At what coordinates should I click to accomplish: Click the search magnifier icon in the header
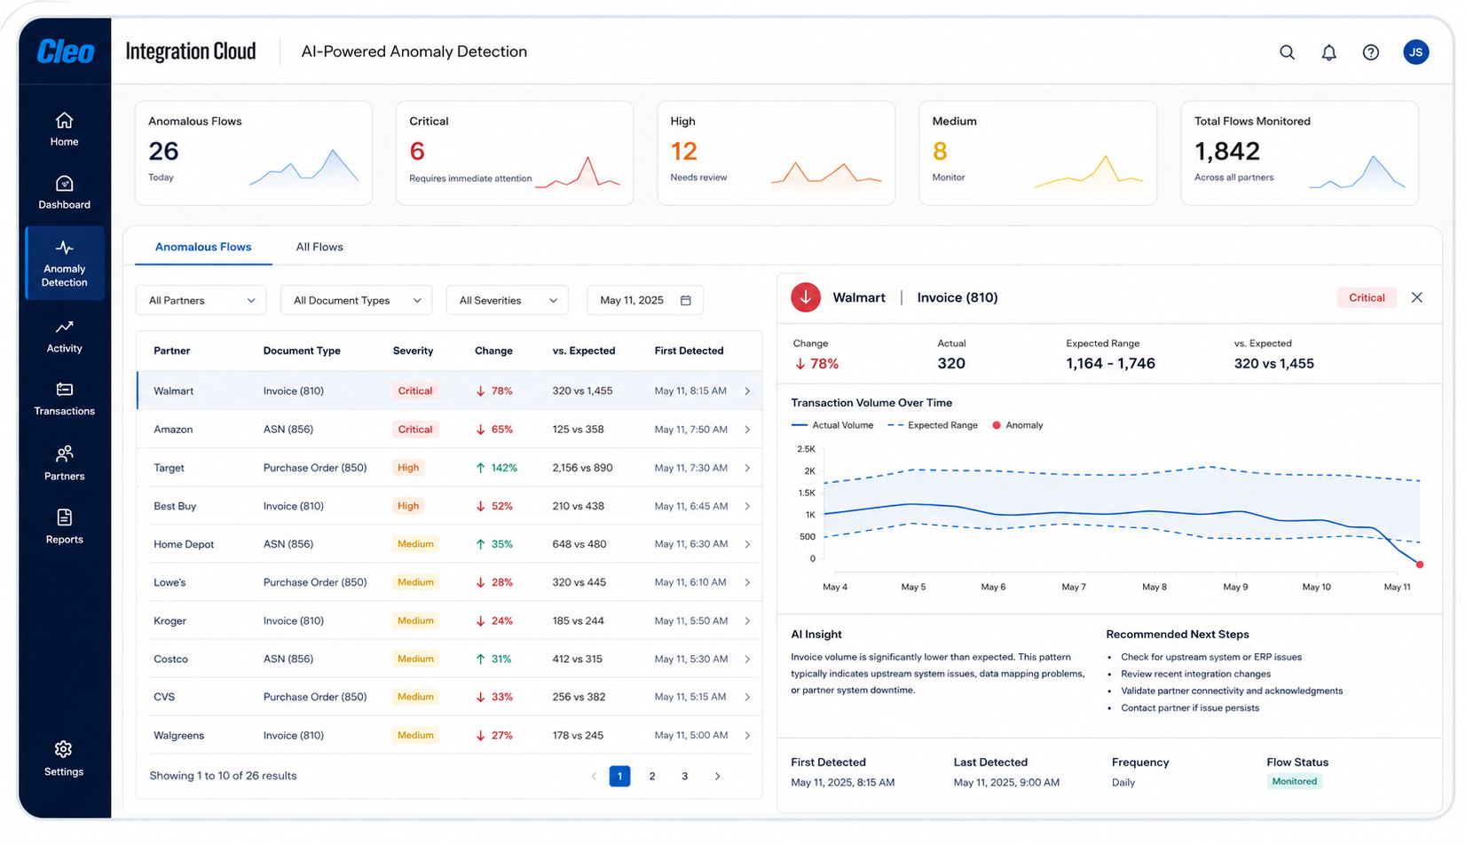point(1287,52)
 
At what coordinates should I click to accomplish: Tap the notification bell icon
point(1328,52)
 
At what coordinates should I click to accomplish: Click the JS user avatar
point(1415,51)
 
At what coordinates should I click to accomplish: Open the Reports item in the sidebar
point(64,527)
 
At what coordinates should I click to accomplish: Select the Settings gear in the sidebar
point(64,759)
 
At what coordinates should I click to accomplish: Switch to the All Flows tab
point(319,247)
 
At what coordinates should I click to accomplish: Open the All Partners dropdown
point(201,300)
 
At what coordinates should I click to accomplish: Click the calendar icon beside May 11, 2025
point(685,300)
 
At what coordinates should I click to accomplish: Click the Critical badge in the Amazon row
point(415,430)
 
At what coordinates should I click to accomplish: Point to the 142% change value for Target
point(504,468)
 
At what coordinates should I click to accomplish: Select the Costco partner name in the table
point(170,659)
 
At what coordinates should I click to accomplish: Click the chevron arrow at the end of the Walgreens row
point(747,736)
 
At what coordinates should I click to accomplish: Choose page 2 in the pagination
point(652,777)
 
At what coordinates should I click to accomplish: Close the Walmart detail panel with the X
point(1417,298)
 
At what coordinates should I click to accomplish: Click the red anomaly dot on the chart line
point(1420,565)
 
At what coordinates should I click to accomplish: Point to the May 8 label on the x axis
point(1155,587)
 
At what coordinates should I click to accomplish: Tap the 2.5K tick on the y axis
point(807,449)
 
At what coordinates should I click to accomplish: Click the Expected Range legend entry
point(933,425)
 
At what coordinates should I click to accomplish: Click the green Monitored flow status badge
point(1295,781)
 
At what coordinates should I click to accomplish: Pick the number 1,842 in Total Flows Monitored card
point(1227,151)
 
